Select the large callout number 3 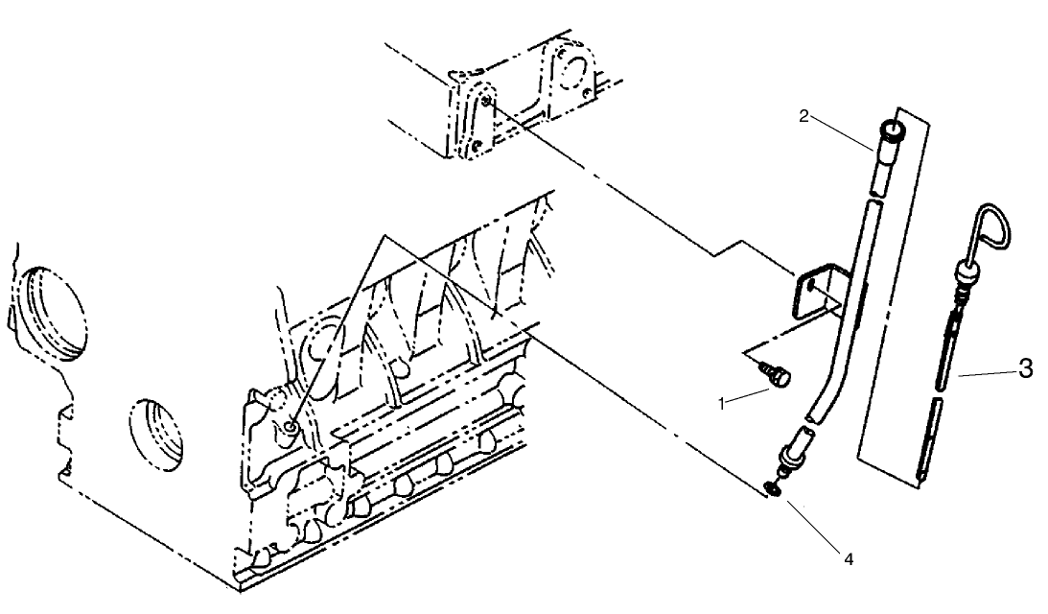(1024, 368)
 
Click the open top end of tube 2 (893, 130)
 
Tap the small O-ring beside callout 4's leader (773, 490)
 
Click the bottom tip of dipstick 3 (921, 474)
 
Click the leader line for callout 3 (984, 375)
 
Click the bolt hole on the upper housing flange (488, 102)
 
